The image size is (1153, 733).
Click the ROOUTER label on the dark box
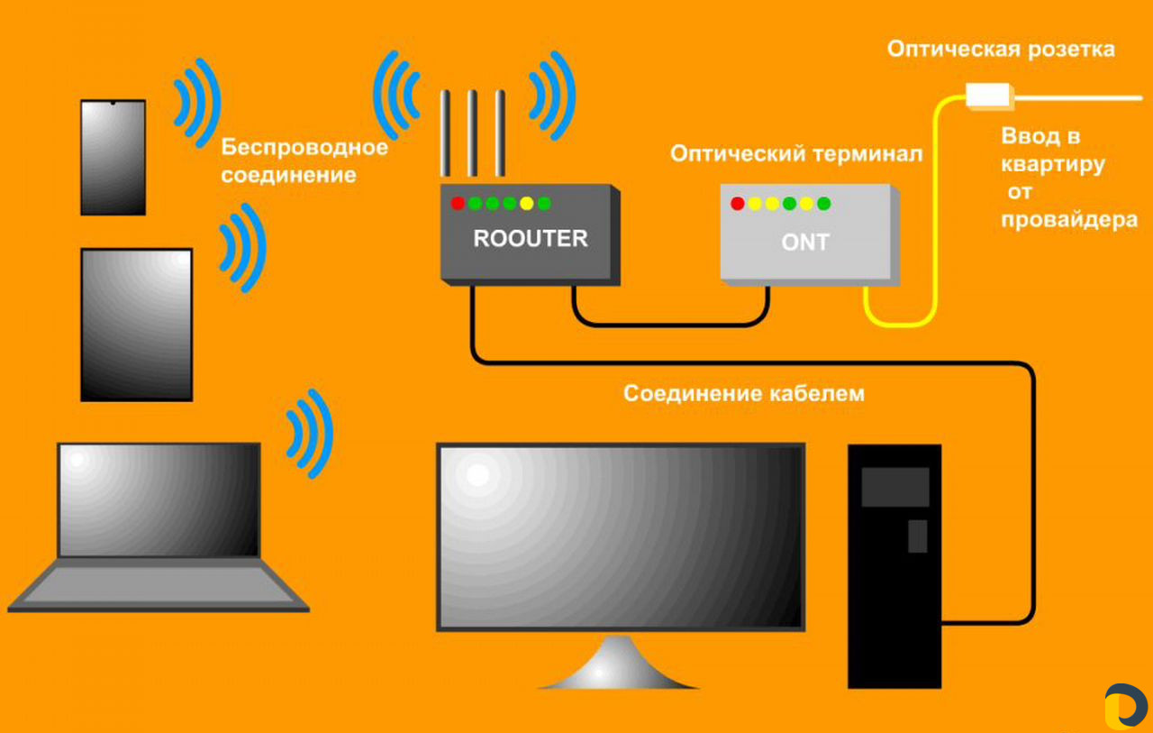(531, 239)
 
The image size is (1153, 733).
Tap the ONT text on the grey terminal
(805, 243)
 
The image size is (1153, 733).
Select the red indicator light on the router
(458, 204)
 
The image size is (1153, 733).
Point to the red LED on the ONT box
(737, 204)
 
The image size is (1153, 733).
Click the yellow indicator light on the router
(527, 204)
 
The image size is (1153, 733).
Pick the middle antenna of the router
(472, 133)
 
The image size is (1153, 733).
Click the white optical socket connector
(989, 96)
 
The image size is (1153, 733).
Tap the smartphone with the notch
(113, 158)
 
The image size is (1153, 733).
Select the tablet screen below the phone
(137, 325)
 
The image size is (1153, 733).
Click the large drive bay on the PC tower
(895, 487)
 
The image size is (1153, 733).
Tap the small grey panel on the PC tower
(918, 536)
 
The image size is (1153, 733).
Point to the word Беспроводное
(304, 147)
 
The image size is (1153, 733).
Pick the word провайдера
(1069, 220)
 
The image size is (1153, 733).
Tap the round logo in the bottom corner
(1126, 706)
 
